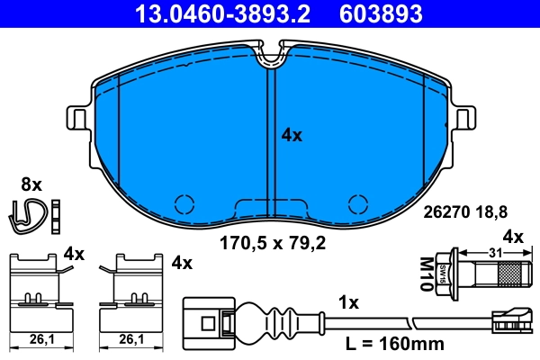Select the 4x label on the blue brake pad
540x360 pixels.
pyautogui.click(x=292, y=135)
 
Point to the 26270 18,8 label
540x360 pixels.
pyautogui.click(x=465, y=212)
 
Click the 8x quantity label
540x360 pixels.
pyautogui.click(x=31, y=184)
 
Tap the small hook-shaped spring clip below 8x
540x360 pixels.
pyautogui.click(x=29, y=213)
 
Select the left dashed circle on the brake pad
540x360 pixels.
pyautogui.click(x=184, y=203)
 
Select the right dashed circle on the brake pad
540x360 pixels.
pyautogui.click(x=358, y=203)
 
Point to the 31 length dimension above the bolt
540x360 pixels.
pyautogui.click(x=494, y=253)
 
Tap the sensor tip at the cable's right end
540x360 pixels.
pyautogui.click(x=511, y=319)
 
